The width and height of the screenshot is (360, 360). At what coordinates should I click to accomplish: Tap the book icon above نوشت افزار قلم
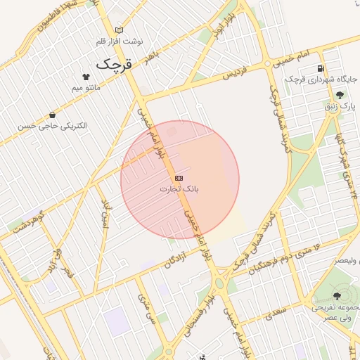pos(118,30)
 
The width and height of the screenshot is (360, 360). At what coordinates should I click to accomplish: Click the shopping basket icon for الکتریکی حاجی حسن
pos(52,115)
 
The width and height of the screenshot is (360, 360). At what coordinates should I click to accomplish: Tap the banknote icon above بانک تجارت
pos(179,178)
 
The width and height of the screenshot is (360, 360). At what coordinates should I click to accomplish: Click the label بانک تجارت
pos(179,189)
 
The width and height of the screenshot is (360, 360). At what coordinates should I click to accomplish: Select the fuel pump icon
pos(321,69)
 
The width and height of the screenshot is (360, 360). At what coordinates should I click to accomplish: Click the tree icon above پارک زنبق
pos(340,95)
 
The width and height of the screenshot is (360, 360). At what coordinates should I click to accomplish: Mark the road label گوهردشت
pos(28,222)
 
